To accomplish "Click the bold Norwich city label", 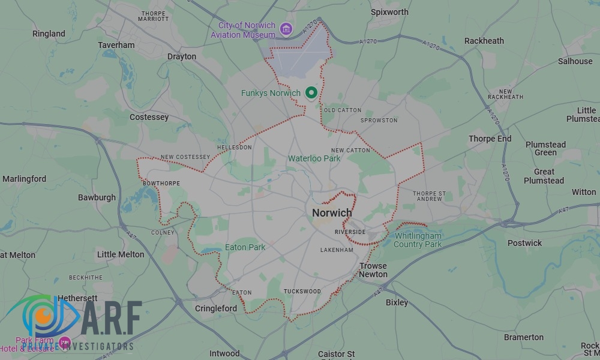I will (332, 213).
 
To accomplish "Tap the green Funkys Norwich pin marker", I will (311, 93).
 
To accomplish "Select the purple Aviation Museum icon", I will (286, 29).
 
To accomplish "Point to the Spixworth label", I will (389, 12).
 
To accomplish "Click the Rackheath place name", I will (484, 41).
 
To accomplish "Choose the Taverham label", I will (116, 45).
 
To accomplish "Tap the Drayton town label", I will (182, 56).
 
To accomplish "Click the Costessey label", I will (149, 117).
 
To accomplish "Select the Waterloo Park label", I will (314, 158).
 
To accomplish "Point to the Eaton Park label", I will (245, 247).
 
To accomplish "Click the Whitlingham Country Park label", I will (418, 240).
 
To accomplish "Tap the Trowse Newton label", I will (373, 270).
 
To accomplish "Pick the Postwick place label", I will (524, 243).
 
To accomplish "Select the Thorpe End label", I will (490, 139).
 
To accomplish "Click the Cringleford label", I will (216, 308).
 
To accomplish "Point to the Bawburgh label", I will (97, 197).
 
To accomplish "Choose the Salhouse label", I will (575, 61).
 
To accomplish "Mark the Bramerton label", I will (524, 337).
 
